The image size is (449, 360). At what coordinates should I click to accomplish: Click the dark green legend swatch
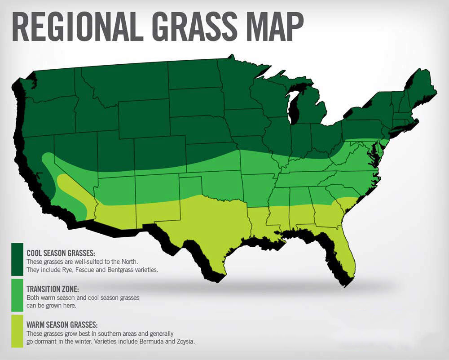coord(18,259)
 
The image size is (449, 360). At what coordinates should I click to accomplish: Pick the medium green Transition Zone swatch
coord(18,295)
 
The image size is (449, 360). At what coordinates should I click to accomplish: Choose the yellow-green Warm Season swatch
coord(18,331)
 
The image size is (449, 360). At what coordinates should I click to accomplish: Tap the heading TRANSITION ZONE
coord(53,289)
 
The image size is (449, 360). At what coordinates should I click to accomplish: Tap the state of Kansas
coord(211,155)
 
